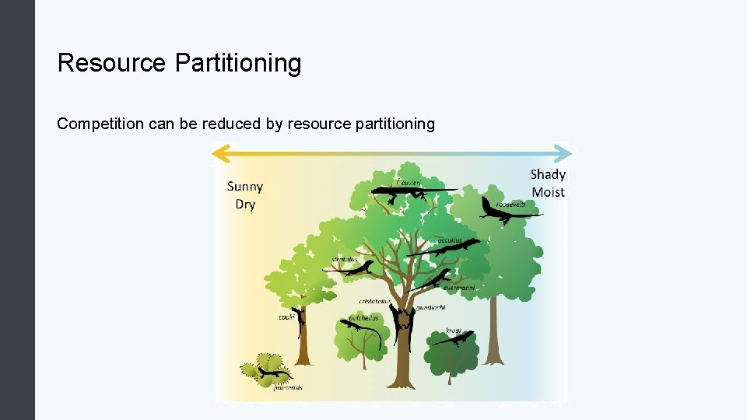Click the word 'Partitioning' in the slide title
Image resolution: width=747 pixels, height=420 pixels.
pos(238,63)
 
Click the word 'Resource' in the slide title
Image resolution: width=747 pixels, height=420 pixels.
pos(112,63)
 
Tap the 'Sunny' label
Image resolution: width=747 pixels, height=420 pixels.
pos(245,186)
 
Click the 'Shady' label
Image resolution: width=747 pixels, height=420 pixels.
pos(548,174)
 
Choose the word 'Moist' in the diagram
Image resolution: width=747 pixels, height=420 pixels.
pos(548,192)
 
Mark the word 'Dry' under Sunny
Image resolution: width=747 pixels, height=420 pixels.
pos(245,205)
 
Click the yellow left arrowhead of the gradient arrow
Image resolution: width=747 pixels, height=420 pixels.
pos(221,152)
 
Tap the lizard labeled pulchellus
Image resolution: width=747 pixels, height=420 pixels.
pos(358,327)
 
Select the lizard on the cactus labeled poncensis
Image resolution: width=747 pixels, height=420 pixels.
pos(270,374)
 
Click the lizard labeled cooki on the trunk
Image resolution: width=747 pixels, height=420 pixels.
pos(300,319)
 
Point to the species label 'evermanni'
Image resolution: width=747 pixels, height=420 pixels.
pos(458,287)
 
